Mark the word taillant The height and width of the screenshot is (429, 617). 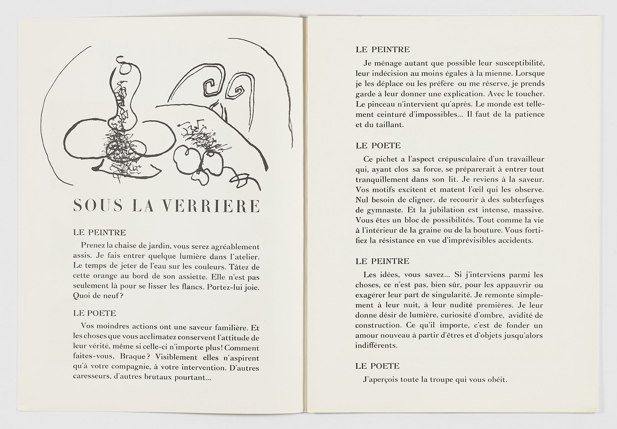389,125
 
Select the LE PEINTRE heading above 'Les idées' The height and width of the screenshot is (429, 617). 383,261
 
